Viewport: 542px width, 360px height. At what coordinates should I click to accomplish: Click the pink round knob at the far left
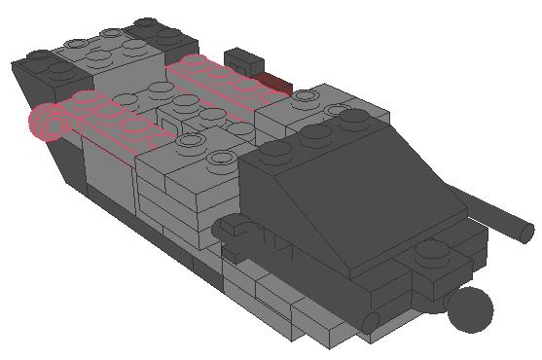click(45, 123)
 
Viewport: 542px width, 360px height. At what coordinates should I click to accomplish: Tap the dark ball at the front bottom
click(470, 308)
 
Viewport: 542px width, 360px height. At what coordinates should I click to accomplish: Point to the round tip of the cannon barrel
click(526, 233)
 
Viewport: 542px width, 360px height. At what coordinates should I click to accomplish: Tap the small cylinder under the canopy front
click(371, 319)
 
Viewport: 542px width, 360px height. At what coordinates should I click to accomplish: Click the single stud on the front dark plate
click(428, 256)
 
